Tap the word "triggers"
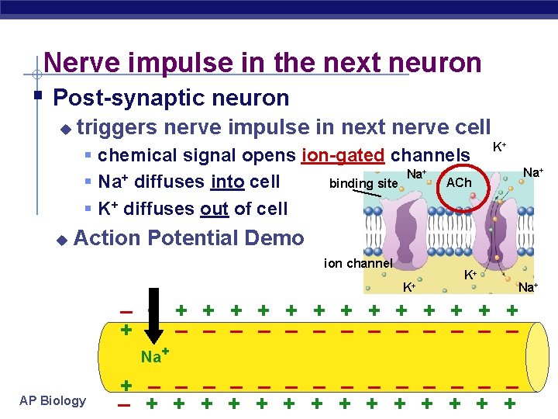(118, 126)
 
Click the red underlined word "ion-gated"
(343, 155)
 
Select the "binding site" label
(363, 184)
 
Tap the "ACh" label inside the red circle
(459, 182)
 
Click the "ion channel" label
(359, 264)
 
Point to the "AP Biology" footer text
(53, 400)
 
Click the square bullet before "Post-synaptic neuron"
(37, 97)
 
